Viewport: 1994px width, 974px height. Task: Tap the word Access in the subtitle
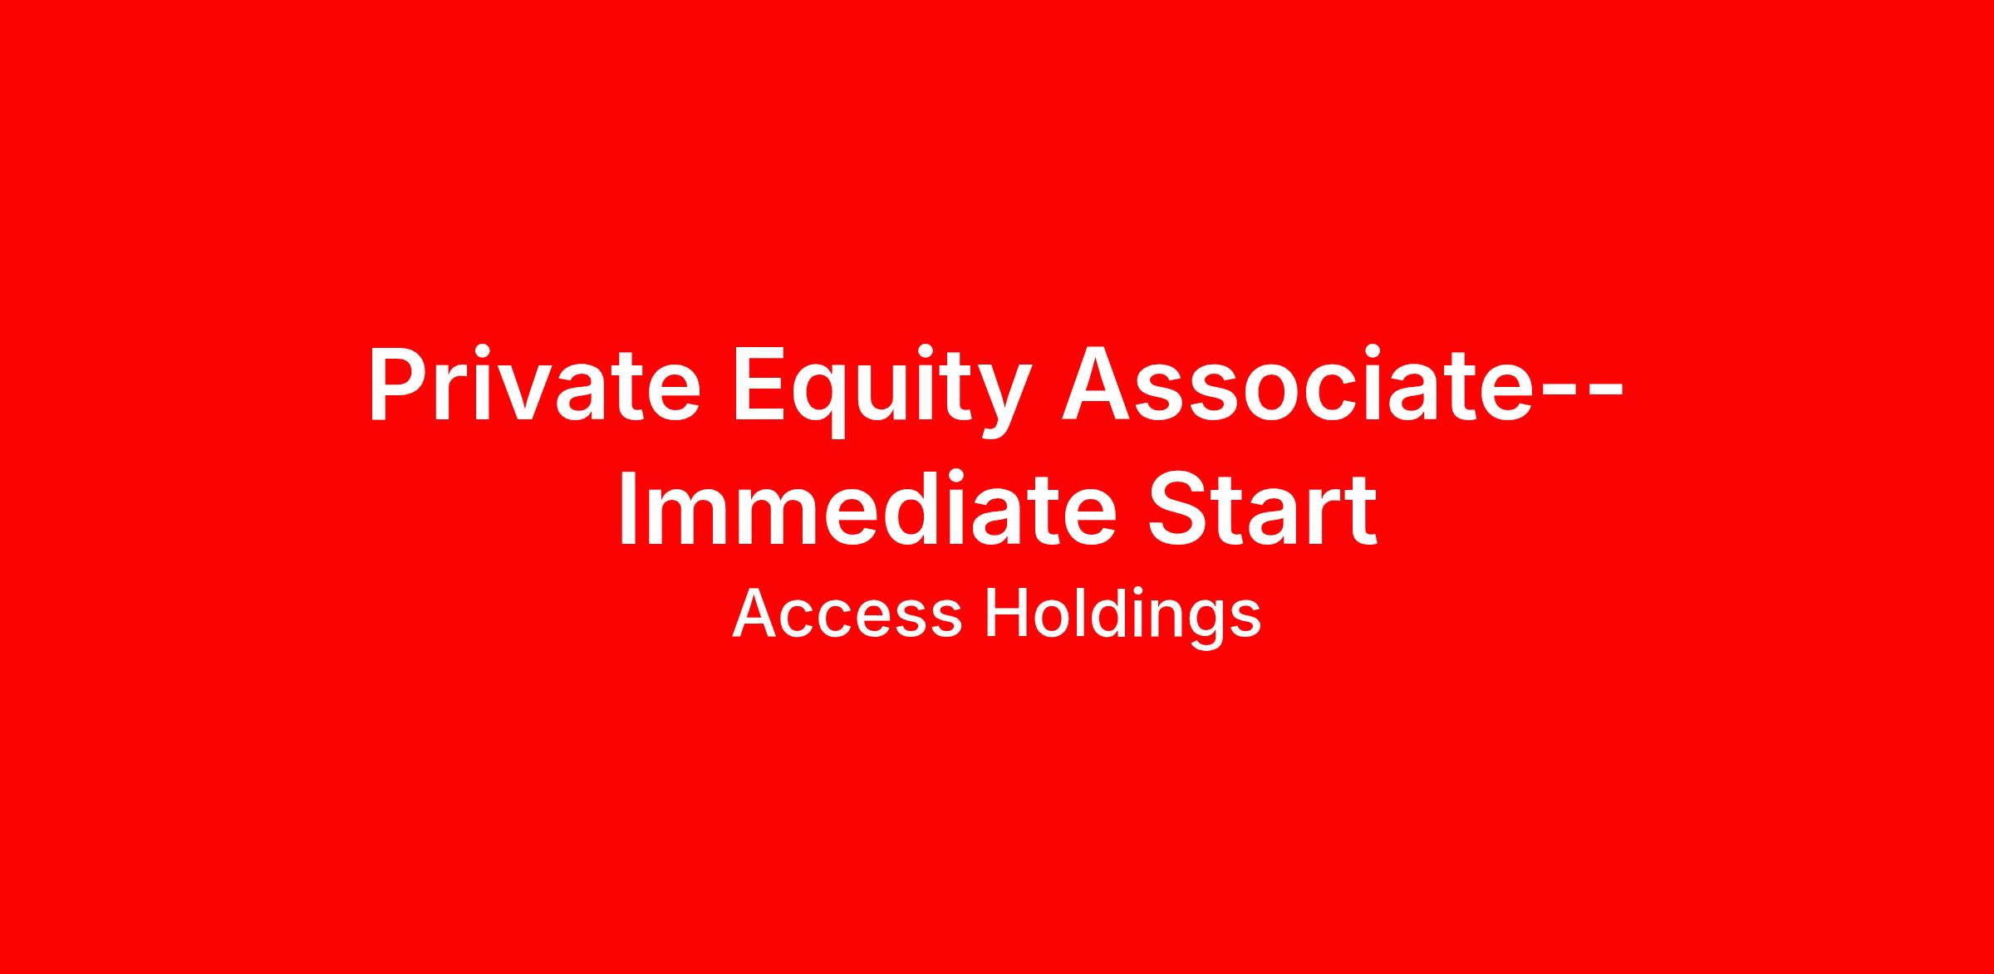(x=847, y=614)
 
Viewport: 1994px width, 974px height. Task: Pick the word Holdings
(x=1123, y=618)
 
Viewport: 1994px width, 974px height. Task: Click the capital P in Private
(x=402, y=384)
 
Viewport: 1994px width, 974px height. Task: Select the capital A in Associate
(x=1098, y=384)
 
